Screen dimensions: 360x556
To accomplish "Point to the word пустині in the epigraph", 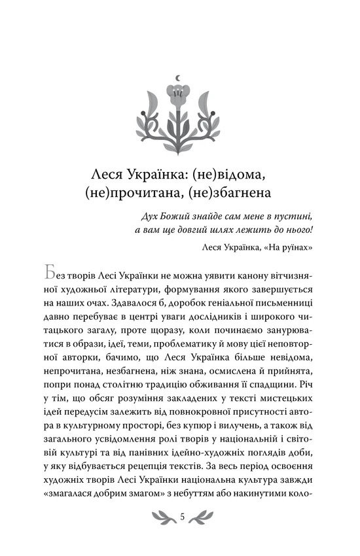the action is coord(297,216).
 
